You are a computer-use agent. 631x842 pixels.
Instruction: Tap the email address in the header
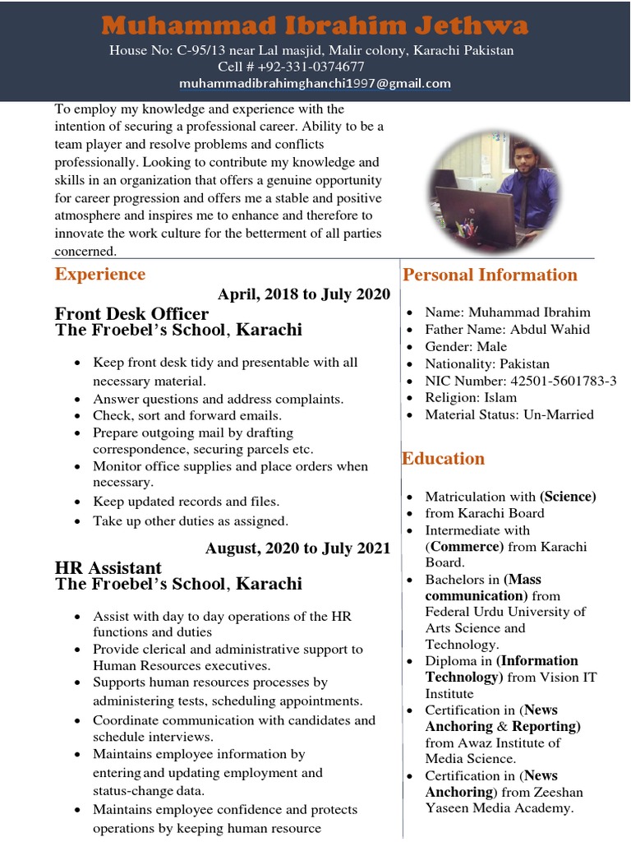pos(315,83)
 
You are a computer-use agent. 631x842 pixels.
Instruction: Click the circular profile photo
pos(495,190)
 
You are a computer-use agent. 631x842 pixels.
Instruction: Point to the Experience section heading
pos(99,275)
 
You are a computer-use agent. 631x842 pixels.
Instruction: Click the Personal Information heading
pos(490,275)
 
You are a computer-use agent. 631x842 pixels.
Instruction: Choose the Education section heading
pos(443,458)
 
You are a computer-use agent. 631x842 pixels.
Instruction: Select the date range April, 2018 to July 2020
pos(304,294)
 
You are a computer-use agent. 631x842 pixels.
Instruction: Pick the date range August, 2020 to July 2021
pos(297,548)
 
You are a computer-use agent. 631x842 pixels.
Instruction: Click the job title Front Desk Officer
pos(131,314)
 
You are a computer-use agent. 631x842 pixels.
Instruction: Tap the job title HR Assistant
pos(108,567)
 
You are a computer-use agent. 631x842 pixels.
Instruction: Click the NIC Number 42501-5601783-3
pos(558,381)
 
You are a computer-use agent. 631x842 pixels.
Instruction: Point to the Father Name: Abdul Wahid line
pos(507,329)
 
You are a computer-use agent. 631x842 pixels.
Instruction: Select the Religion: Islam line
pos(471,397)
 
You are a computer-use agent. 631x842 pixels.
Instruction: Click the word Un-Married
pos(563,414)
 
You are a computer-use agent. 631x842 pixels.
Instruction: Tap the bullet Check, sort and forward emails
pos(187,415)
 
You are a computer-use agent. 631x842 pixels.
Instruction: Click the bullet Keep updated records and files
pos(186,501)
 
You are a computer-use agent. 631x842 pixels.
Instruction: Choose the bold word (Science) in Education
pos(568,496)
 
